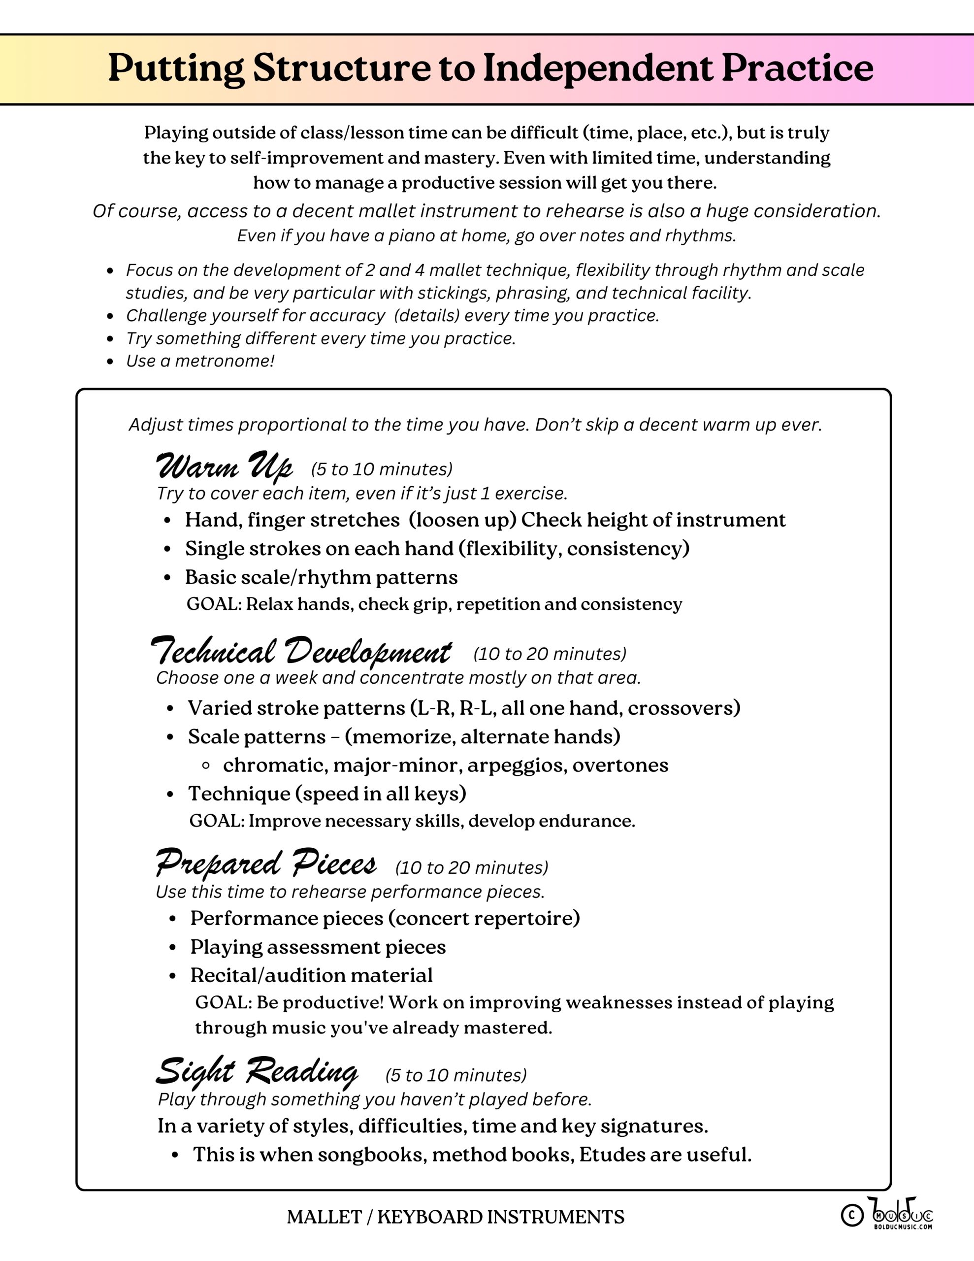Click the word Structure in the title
tap(341, 68)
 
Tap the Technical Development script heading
tap(301, 652)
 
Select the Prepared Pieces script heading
tap(265, 864)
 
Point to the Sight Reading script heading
tap(257, 1072)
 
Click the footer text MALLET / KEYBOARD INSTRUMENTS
tap(455, 1217)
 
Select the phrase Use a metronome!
tap(200, 361)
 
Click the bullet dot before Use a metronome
tap(110, 362)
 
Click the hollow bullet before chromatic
tap(205, 765)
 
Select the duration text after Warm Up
tap(382, 469)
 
